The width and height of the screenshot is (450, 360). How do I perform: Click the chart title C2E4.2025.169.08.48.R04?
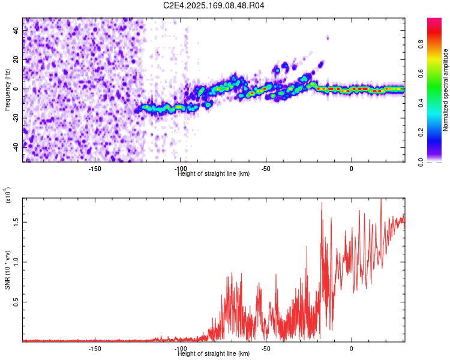[x=214, y=5]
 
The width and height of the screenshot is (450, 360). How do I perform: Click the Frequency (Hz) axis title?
[x=8, y=90]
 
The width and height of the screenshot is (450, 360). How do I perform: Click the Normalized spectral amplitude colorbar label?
[x=446, y=90]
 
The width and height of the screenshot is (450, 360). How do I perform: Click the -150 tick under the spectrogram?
[x=95, y=169]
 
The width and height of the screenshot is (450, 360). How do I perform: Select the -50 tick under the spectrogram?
[x=266, y=169]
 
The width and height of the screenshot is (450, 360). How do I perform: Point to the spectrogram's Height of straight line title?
[x=214, y=174]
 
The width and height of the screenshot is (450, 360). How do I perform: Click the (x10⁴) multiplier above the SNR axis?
[x=8, y=194]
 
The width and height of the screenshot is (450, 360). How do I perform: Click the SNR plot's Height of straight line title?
[x=214, y=354]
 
